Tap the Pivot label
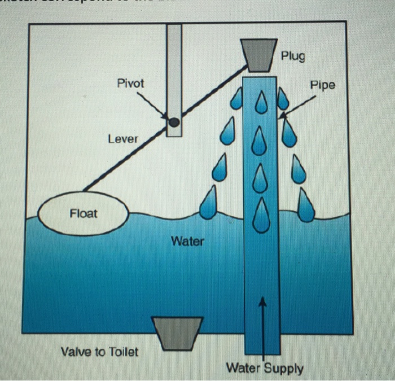[130, 83]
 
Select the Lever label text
[123, 138]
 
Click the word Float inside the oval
[83, 213]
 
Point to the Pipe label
[322, 85]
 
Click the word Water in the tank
[187, 242]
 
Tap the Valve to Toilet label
[99, 352]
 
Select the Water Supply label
[265, 369]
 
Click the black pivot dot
[174, 121]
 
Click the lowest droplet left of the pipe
[209, 204]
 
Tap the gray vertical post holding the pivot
[174, 68]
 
